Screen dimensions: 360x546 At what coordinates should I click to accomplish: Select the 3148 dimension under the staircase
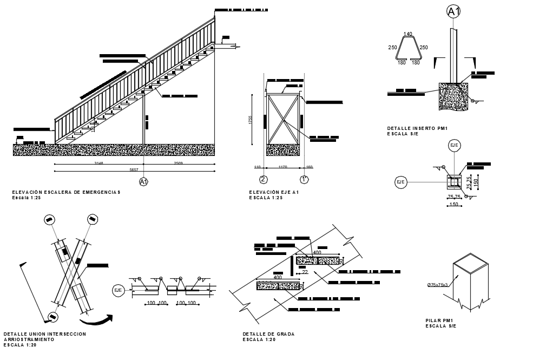[98, 162]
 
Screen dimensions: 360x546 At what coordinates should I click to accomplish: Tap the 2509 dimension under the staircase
[178, 162]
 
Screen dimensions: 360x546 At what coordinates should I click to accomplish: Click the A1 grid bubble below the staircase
[143, 182]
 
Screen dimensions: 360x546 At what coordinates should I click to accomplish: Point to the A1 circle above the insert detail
[453, 11]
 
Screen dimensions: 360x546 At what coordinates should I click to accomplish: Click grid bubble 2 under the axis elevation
[264, 180]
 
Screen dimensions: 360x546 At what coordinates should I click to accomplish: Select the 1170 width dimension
[282, 167]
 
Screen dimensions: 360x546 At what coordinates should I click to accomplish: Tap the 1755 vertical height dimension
[251, 120]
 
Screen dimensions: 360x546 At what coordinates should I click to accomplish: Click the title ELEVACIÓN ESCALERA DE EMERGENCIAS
[66, 192]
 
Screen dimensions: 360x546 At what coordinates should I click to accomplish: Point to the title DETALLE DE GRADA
[268, 334]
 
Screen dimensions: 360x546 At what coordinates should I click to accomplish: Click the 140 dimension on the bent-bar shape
[407, 34]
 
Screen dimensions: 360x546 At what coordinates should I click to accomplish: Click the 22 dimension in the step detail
[305, 272]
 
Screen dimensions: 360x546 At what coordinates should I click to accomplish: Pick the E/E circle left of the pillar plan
[401, 182]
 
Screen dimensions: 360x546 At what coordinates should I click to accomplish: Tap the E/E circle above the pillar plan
[454, 145]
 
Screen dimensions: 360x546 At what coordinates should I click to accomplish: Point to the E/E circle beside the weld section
[118, 291]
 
